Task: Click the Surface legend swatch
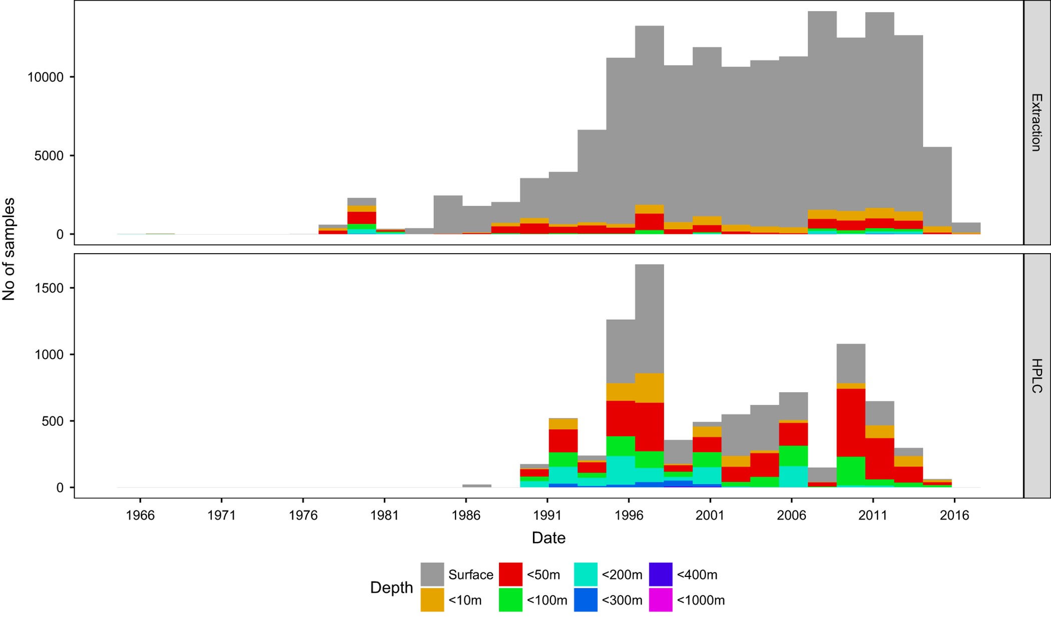(x=432, y=574)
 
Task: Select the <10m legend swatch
(x=432, y=599)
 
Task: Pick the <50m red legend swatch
(x=510, y=574)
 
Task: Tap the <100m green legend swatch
(x=510, y=599)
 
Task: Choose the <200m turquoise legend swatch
(x=586, y=574)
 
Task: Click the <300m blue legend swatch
(x=586, y=599)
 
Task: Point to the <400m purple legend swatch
(x=661, y=574)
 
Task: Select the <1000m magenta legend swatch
(x=661, y=599)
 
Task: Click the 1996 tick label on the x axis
(x=629, y=515)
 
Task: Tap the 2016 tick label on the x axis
(x=954, y=515)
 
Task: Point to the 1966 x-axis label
(x=140, y=515)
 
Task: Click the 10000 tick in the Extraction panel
(x=46, y=77)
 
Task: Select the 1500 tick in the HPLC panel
(x=50, y=288)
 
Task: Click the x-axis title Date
(x=549, y=538)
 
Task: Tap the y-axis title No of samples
(x=9, y=249)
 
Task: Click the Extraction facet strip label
(x=1036, y=122)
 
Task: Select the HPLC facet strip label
(x=1036, y=376)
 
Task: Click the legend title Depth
(x=391, y=587)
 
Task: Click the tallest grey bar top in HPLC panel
(x=650, y=265)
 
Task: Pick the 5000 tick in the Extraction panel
(x=49, y=156)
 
